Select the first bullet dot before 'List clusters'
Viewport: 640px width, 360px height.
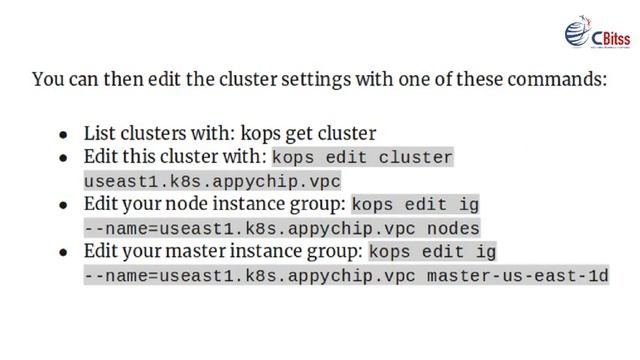[x=64, y=134]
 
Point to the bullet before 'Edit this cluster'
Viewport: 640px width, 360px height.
[x=64, y=158]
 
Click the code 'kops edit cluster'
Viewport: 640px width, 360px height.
[x=362, y=158]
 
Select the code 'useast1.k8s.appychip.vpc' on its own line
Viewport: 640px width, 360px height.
[x=212, y=182]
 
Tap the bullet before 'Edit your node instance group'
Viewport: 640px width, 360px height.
[x=64, y=205]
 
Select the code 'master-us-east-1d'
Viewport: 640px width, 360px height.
[x=518, y=275]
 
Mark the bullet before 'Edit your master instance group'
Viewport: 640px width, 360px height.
[x=64, y=252]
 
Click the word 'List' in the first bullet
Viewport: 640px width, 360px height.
[x=99, y=133]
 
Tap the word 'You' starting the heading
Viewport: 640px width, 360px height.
[x=47, y=79]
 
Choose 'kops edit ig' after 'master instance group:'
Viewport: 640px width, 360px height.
[x=433, y=252]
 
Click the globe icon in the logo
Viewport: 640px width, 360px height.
[x=579, y=33]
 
